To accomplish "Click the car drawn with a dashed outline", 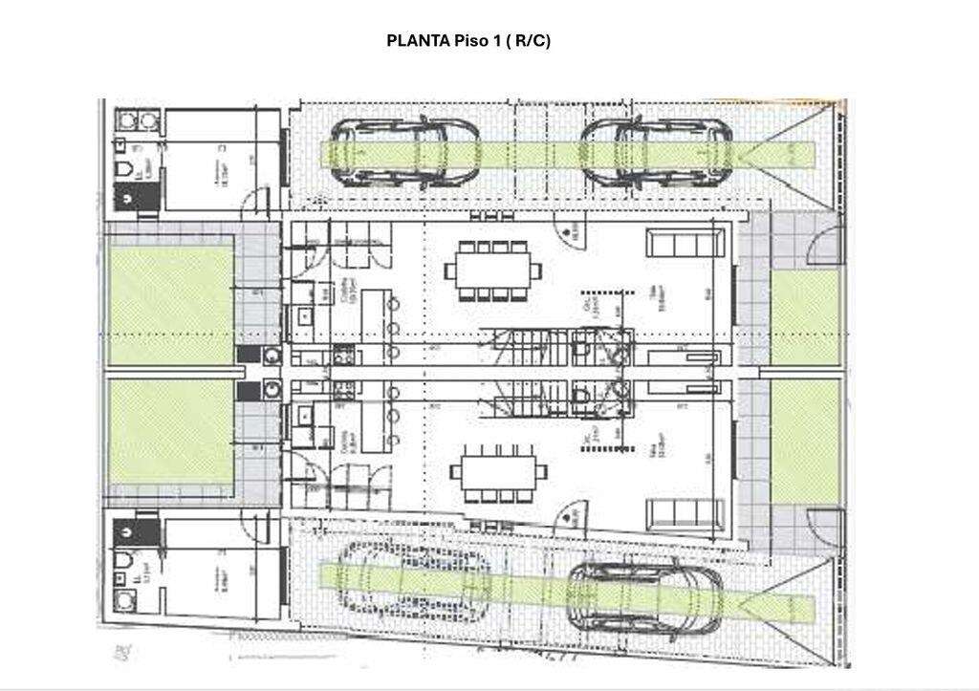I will tap(411, 579).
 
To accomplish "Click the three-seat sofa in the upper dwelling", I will tap(685, 243).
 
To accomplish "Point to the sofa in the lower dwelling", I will tap(685, 514).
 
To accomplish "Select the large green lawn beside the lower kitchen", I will tap(170, 432).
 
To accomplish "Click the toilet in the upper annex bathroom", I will tap(122, 169).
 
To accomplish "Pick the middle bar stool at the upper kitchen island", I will tap(393, 328).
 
